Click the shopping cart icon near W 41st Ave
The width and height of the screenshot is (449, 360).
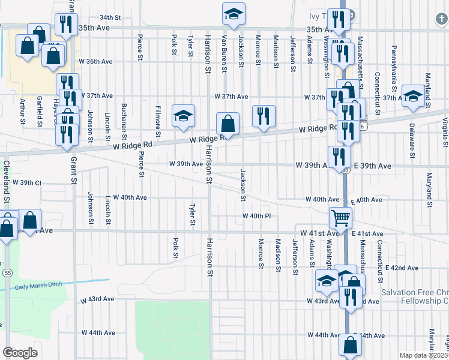click(340, 217)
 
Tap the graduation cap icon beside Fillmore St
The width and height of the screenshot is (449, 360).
click(184, 115)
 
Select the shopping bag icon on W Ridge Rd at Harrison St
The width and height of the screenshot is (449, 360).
click(228, 124)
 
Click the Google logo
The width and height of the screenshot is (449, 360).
click(20, 353)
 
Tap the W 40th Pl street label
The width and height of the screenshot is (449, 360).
click(257, 216)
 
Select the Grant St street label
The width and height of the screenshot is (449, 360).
click(74, 170)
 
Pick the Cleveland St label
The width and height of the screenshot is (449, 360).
click(8, 175)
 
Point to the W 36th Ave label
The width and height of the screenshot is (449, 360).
click(96, 61)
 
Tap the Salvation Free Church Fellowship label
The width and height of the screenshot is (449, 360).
click(415, 296)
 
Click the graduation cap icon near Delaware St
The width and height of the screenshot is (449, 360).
click(413, 95)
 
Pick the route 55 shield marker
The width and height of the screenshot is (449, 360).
click(7, 272)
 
